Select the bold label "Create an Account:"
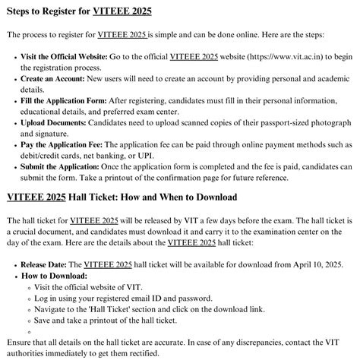56,78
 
